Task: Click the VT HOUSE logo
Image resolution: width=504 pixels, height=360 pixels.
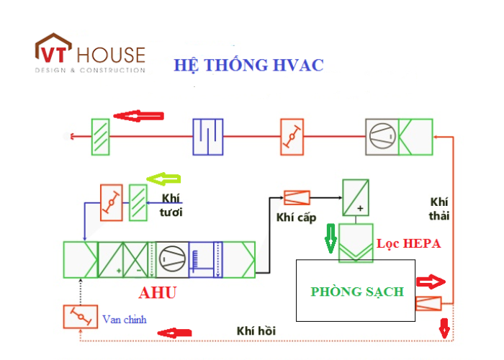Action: [x=90, y=53]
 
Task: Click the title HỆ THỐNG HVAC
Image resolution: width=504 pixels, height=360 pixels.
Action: [x=248, y=65]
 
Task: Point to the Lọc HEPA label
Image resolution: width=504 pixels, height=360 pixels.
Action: [x=408, y=244]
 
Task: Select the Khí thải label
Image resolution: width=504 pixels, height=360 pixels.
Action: [x=439, y=208]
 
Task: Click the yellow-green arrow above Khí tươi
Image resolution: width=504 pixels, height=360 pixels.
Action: [x=163, y=179]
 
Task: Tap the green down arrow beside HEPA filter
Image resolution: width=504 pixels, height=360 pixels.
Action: [x=330, y=238]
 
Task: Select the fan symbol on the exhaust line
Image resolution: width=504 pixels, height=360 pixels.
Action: [x=382, y=135]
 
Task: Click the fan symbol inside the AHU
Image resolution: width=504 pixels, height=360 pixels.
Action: [x=171, y=258]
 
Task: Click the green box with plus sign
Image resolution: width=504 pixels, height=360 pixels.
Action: [x=355, y=197]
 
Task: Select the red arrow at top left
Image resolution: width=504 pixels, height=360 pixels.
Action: [x=140, y=115]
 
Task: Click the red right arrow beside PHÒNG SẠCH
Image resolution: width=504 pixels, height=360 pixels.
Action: [x=431, y=280]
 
